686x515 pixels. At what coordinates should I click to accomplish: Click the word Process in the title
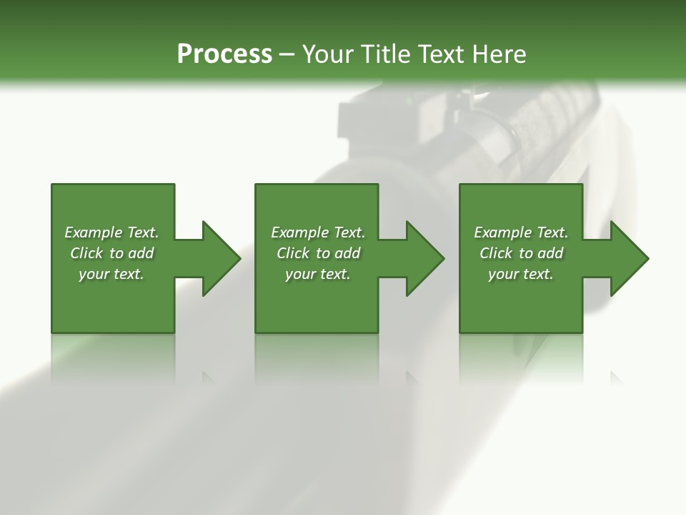(224, 54)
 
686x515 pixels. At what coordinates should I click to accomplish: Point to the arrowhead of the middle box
(424, 258)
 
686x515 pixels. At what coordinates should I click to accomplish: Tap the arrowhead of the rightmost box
(629, 258)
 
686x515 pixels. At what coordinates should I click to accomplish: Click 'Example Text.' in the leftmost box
(111, 232)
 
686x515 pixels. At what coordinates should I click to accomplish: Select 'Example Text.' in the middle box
(318, 232)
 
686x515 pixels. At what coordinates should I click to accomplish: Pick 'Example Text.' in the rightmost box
(521, 232)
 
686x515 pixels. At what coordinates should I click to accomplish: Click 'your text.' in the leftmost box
(111, 274)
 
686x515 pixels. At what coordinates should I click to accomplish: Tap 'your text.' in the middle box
(318, 274)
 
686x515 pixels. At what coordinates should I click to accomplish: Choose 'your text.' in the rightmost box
(521, 274)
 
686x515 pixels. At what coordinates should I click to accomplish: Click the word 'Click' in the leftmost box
(87, 253)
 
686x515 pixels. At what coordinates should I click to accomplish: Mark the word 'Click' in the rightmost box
(497, 253)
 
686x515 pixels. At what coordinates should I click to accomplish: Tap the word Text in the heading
(442, 54)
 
